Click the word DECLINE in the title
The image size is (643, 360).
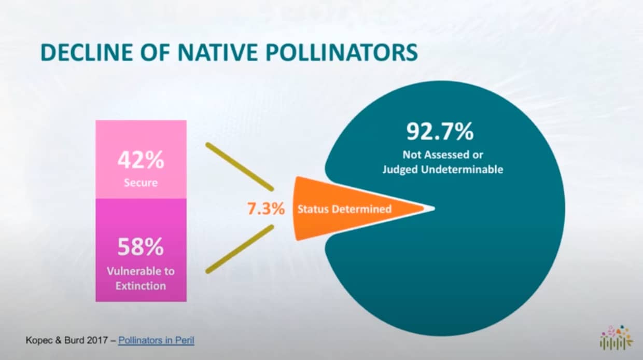pyautogui.click(x=87, y=52)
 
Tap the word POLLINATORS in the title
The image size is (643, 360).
pyautogui.click(x=342, y=52)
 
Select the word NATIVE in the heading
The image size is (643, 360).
pyautogui.click(x=218, y=52)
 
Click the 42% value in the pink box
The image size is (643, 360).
pyautogui.click(x=141, y=160)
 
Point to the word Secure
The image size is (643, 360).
pyautogui.click(x=141, y=183)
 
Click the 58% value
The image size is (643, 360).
pyautogui.click(x=141, y=247)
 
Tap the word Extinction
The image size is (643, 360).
pyautogui.click(x=141, y=286)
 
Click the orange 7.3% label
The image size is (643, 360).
pyautogui.click(x=266, y=209)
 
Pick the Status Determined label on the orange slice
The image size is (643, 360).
pyautogui.click(x=344, y=209)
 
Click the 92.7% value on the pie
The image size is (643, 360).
pyautogui.click(x=440, y=131)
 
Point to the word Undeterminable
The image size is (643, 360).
pyautogui.click(x=462, y=170)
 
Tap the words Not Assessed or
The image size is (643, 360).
pyautogui.click(x=443, y=155)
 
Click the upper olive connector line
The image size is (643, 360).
pyautogui.click(x=240, y=167)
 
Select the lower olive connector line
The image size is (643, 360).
pyautogui.click(x=240, y=249)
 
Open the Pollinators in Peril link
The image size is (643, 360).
pyautogui.click(x=156, y=340)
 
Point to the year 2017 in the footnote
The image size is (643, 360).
pyautogui.click(x=97, y=340)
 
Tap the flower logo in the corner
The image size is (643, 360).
pyautogui.click(x=617, y=337)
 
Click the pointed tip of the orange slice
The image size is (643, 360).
pyautogui.click(x=435, y=209)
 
